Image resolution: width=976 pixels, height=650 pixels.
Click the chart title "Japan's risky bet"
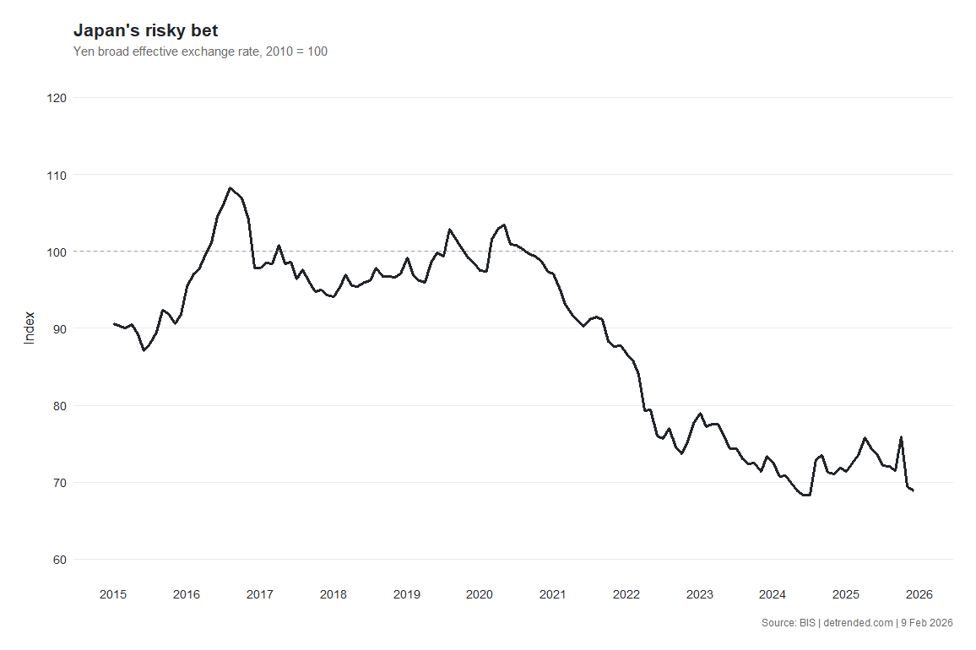(x=146, y=30)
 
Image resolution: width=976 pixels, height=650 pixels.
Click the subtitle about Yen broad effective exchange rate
(x=201, y=51)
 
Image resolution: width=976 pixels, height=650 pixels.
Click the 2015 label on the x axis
(x=113, y=594)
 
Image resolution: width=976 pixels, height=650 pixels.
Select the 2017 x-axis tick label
(x=260, y=594)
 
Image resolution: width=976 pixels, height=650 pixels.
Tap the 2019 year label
(x=407, y=594)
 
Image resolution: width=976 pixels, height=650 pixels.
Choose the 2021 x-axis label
(x=553, y=594)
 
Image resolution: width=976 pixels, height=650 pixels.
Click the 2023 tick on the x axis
(x=700, y=594)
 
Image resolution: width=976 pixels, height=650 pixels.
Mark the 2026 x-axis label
(x=919, y=594)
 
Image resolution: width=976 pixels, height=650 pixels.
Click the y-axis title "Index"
(x=30, y=328)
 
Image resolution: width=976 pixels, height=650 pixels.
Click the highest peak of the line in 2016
(x=230, y=188)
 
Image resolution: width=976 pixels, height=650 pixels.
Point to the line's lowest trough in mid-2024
(x=805, y=496)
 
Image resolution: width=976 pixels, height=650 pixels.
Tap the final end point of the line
(x=914, y=490)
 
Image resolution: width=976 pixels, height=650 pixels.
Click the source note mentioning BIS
(x=857, y=623)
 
